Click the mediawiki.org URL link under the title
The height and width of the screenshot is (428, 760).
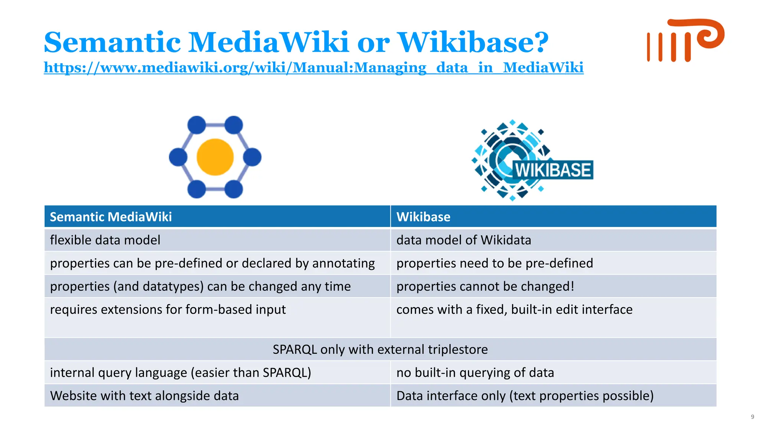[x=314, y=68]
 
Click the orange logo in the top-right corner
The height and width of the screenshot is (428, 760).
[x=685, y=41]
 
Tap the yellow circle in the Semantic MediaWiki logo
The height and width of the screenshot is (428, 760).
[x=215, y=157]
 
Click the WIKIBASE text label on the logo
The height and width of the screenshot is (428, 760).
[x=553, y=170]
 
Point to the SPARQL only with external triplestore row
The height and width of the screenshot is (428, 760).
[x=380, y=349]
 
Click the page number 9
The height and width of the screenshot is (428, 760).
[x=752, y=417]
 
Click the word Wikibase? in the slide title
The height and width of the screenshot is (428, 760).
[x=473, y=42]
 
